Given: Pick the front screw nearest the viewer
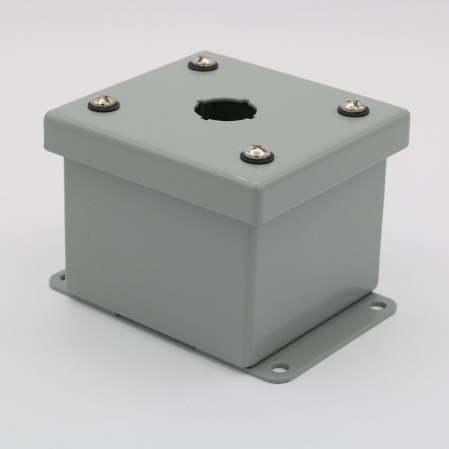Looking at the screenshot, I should pos(258,153).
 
